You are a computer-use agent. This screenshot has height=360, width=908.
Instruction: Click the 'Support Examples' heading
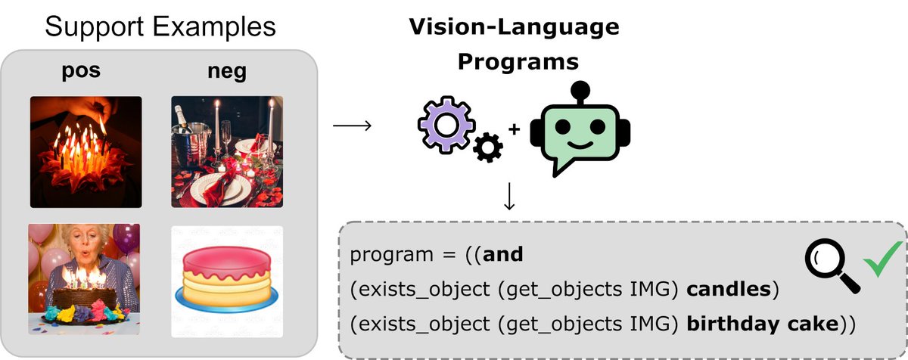[x=160, y=27]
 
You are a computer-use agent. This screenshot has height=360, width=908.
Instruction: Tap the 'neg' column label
[x=226, y=73]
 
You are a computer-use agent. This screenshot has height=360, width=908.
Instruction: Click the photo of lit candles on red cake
[x=86, y=152]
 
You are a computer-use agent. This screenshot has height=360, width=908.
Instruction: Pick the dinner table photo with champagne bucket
[x=226, y=151]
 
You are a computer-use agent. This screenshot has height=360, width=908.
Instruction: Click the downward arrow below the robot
[x=509, y=195]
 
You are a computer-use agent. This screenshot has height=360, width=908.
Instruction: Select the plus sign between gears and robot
[x=515, y=129]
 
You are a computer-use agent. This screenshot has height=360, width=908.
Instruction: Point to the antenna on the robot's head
[x=580, y=88]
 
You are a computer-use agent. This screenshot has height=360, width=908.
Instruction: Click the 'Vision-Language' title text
[x=514, y=28]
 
